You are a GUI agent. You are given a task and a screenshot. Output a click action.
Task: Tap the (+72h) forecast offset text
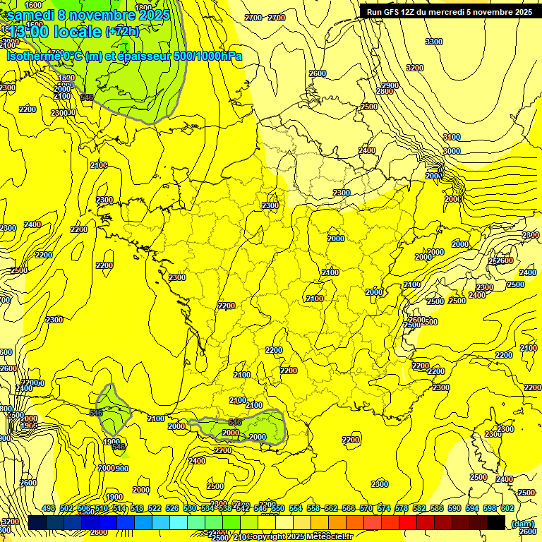click(121, 31)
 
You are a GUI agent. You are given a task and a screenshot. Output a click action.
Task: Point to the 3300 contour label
click(433, 42)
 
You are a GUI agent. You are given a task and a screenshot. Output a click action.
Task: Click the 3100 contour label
click(451, 137)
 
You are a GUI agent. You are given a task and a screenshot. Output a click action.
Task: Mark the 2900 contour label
click(390, 85)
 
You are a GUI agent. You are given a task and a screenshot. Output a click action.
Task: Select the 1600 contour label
click(33, 5)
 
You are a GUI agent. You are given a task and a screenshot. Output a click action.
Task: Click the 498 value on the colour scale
click(48, 508)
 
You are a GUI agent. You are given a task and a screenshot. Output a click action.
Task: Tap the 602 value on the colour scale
click(507, 508)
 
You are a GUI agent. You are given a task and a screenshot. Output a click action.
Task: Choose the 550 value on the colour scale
click(277, 508)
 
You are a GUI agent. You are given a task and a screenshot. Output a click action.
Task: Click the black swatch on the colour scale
click(496, 522)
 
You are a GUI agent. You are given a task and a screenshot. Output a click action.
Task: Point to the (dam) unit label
click(523, 523)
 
